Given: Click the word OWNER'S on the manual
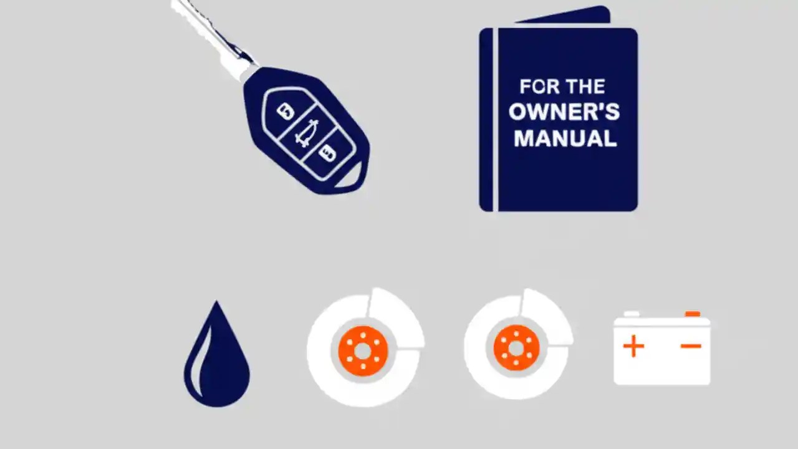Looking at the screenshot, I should tap(564, 112).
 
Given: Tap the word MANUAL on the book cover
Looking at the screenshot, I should tap(565, 138).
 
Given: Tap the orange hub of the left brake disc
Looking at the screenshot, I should tap(363, 350).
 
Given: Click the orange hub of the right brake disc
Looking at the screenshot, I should tap(516, 347).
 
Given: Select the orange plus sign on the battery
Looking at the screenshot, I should tap(633, 346).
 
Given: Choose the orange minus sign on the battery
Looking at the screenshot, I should tap(691, 346).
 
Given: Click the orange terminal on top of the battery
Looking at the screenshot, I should tap(692, 314).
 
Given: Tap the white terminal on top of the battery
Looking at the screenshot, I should tap(632, 314).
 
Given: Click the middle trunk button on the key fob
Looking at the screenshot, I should tap(306, 133).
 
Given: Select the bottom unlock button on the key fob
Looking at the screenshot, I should tap(327, 152).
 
